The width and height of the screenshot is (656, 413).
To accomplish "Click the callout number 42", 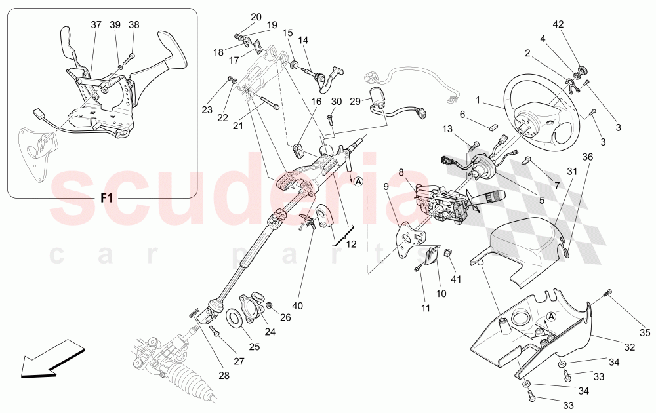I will tap(558, 25).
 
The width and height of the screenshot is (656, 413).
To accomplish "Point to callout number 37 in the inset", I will tap(96, 25).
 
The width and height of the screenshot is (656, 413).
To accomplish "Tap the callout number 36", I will tap(588, 157).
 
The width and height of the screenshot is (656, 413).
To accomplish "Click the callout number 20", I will tap(256, 17).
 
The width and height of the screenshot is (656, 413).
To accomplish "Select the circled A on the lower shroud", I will tap(552, 316).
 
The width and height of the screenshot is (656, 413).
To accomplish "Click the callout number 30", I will tap(337, 102).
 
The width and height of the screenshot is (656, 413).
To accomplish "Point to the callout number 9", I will tap(386, 186).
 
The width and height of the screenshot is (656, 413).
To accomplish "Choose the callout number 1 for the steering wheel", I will tap(478, 100).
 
